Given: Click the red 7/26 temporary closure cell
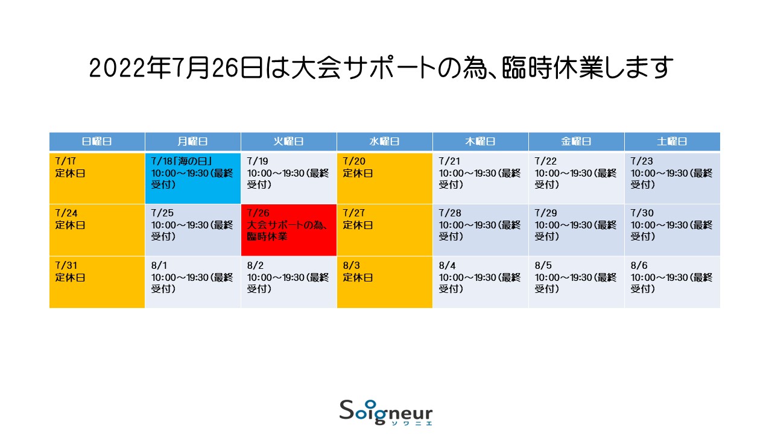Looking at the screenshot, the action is pyautogui.click(x=289, y=230).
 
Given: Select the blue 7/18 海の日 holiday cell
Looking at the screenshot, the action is pyautogui.click(x=193, y=178).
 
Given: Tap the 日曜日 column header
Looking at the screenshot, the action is pyautogui.click(x=97, y=142).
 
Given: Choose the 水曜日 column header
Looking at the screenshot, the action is pyautogui.click(x=385, y=142).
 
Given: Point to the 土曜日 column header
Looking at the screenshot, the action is pyautogui.click(x=672, y=142).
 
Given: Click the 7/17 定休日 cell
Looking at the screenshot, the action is pyautogui.click(x=97, y=178).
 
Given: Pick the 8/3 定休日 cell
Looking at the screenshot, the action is pyautogui.click(x=385, y=282).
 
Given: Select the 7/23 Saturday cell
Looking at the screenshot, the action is pyautogui.click(x=672, y=178).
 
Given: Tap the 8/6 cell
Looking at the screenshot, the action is pyautogui.click(x=672, y=282).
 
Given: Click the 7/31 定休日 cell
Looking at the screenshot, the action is pyautogui.click(x=97, y=282).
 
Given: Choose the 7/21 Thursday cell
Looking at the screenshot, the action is pyautogui.click(x=481, y=178).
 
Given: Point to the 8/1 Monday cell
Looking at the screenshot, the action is pyautogui.click(x=193, y=282).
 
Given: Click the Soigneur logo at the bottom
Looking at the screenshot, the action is pyautogui.click(x=385, y=413).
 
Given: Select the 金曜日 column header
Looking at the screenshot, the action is pyautogui.click(x=577, y=142).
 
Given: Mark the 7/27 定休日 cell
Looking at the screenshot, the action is pyautogui.click(x=385, y=230).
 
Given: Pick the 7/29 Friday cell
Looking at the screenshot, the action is pyautogui.click(x=577, y=230).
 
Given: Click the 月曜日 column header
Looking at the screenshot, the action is pyautogui.click(x=193, y=142).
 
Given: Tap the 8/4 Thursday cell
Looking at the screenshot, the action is pyautogui.click(x=481, y=282).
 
